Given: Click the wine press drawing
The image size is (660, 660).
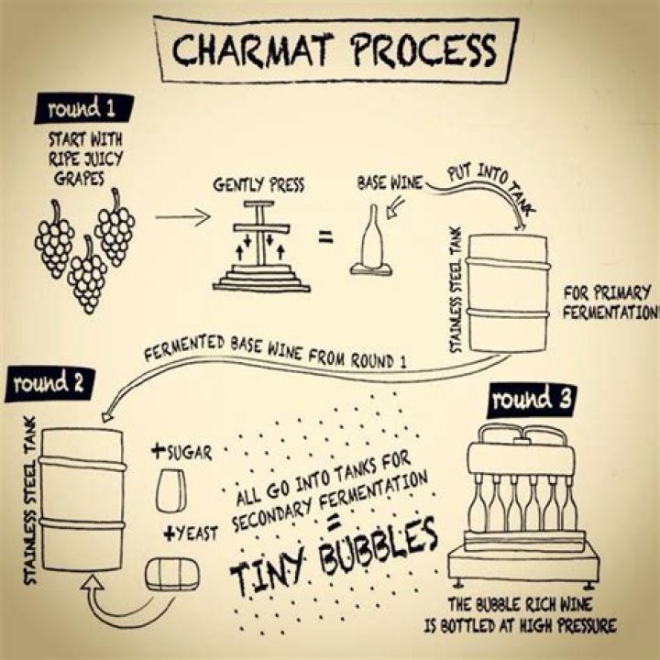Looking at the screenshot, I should pos(262,247).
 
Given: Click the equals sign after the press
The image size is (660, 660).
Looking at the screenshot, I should pos(325,239).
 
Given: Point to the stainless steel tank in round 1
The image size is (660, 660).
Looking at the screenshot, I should pos(507,292).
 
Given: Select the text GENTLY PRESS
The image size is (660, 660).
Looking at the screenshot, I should pos(259,185).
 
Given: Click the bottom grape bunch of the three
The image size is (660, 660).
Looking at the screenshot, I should pos(88,272).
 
